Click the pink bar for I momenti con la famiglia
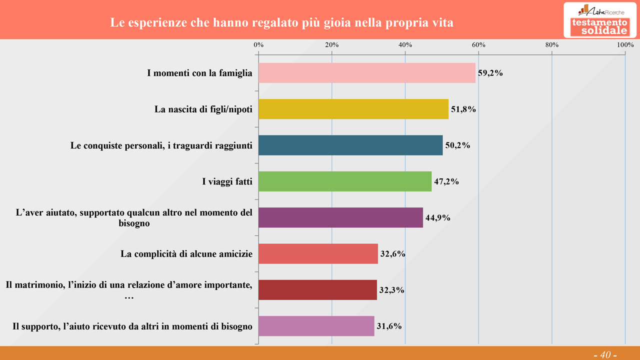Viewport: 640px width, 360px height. click(x=366, y=73)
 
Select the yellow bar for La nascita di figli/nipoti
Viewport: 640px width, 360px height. click(x=353, y=109)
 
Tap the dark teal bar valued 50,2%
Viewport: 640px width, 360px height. click(x=350, y=145)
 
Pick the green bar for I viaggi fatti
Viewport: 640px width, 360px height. click(x=344, y=181)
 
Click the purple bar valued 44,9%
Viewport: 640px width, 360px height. click(x=340, y=217)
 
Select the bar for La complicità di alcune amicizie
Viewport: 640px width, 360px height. click(x=318, y=253)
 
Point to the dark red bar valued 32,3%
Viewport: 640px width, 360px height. click(x=317, y=290)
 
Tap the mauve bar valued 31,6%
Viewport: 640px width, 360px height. click(x=316, y=326)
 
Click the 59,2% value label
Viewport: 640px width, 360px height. click(x=490, y=73)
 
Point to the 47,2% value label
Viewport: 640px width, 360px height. click(x=446, y=181)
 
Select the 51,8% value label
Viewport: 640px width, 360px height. click(x=463, y=109)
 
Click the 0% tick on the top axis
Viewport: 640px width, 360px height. click(x=258, y=45)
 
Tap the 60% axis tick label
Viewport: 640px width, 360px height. click(x=478, y=45)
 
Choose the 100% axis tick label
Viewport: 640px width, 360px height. click(x=625, y=45)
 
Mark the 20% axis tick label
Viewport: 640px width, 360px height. click(x=332, y=45)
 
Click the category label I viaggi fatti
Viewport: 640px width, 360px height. click(x=227, y=181)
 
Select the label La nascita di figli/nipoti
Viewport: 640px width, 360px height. click(x=203, y=109)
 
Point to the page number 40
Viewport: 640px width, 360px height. click(x=605, y=354)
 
